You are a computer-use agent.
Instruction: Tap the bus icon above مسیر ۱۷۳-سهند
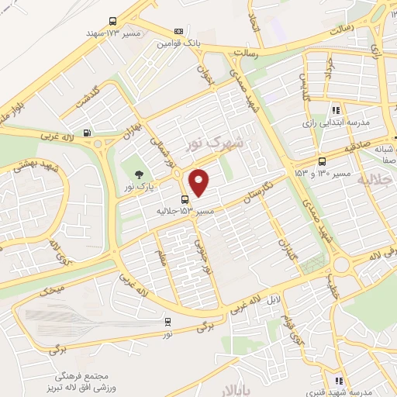[x=113, y=22]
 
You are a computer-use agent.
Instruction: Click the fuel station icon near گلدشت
[x=85, y=133]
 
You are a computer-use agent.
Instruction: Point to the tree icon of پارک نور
[x=138, y=174]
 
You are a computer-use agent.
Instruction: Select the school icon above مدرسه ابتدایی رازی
[x=335, y=111]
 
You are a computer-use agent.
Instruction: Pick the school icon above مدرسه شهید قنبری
[x=337, y=381]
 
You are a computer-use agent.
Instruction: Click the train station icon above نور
[x=168, y=321]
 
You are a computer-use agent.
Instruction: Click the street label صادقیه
[x=350, y=144]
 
